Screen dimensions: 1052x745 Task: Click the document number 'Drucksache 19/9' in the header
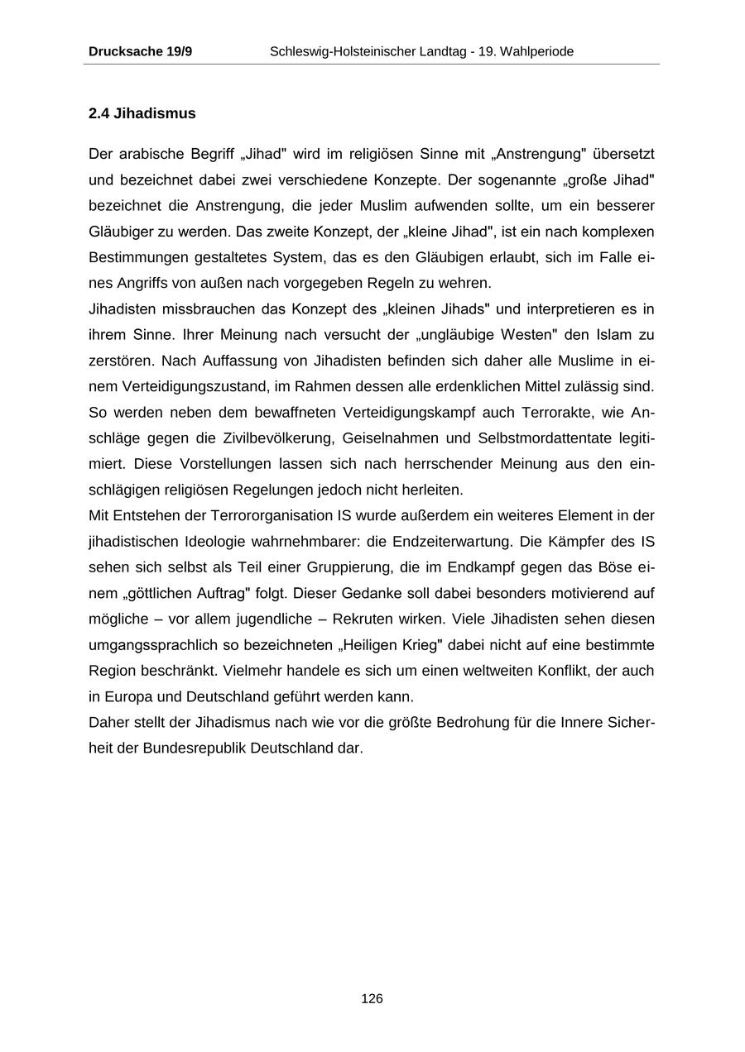[140, 51]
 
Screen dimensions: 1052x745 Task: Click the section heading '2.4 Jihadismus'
[142, 113]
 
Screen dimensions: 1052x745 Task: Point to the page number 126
[372, 999]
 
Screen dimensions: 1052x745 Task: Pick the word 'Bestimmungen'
[134, 257]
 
